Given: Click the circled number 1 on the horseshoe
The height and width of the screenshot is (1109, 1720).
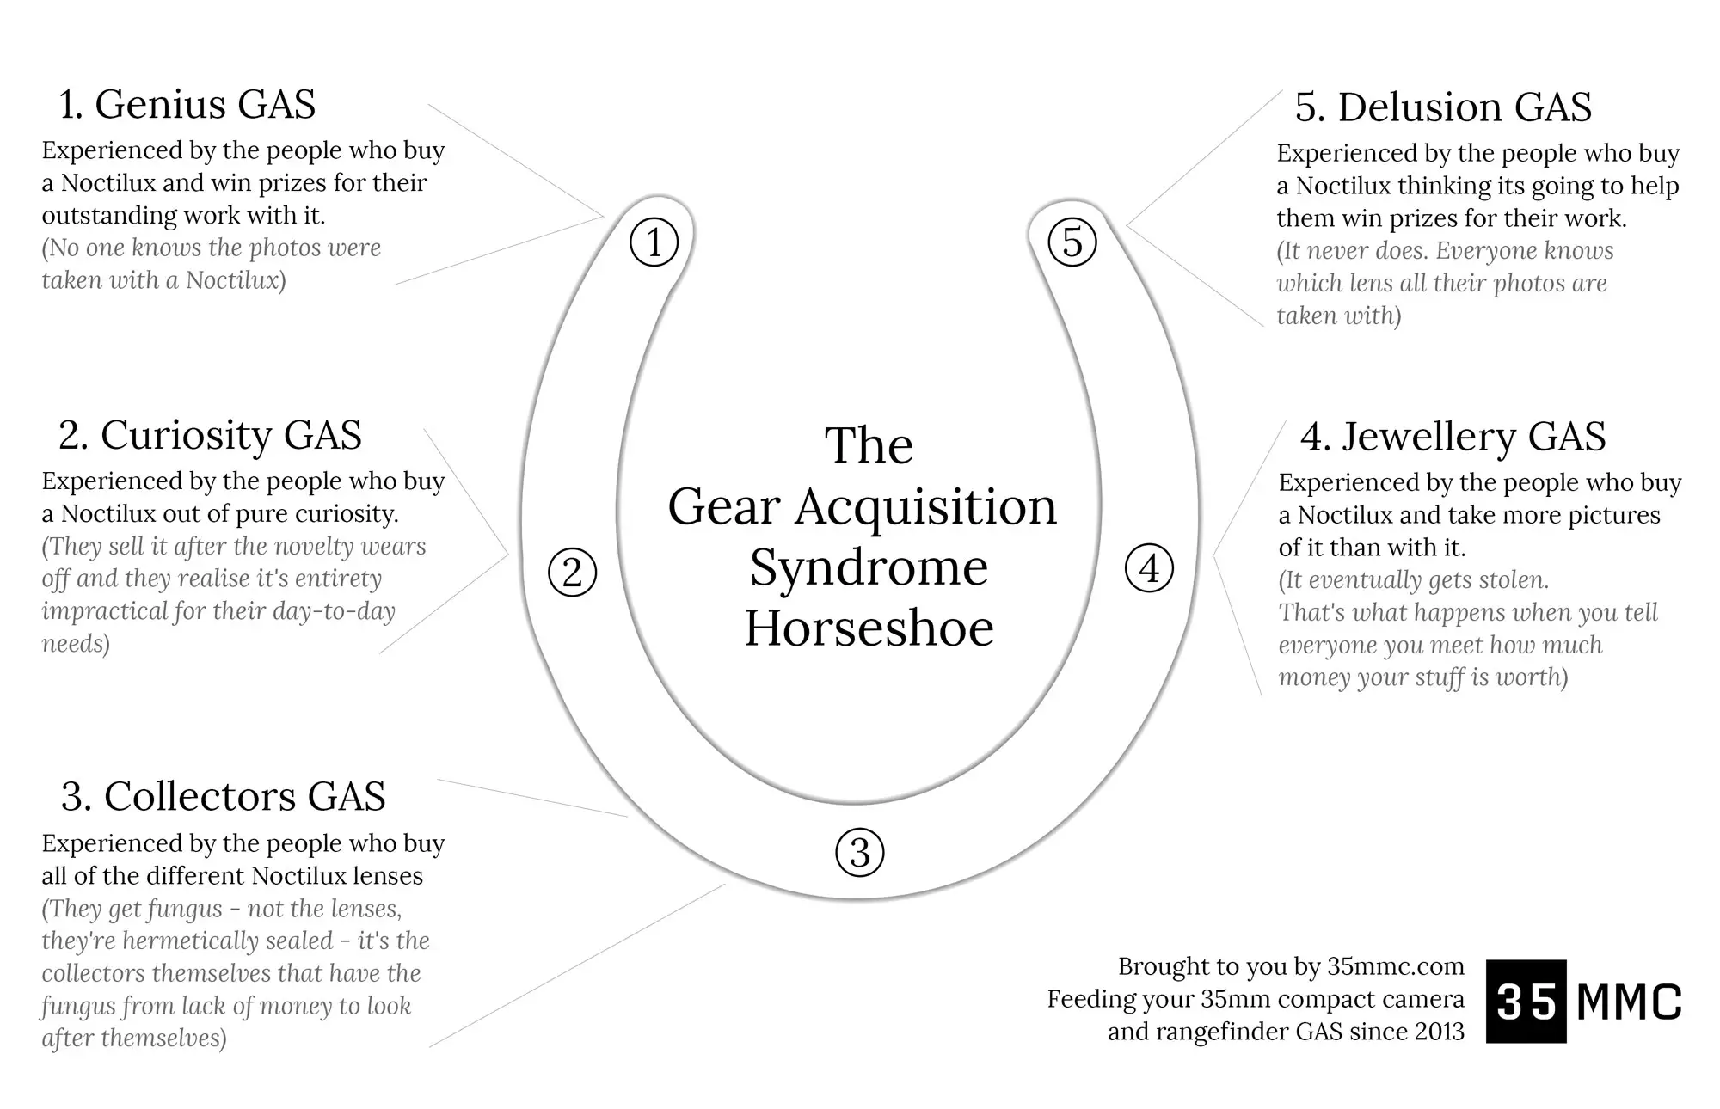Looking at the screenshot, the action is [x=654, y=242].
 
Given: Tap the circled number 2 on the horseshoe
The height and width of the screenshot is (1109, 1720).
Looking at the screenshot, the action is [x=572, y=573].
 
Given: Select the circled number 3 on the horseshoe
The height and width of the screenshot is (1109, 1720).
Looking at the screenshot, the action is [x=859, y=852].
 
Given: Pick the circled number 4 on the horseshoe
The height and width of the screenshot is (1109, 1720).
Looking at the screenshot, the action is [x=1149, y=568].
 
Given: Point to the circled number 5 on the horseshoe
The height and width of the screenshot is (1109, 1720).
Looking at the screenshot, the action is [x=1072, y=242].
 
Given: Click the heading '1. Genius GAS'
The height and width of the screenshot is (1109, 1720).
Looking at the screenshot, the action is [x=187, y=104].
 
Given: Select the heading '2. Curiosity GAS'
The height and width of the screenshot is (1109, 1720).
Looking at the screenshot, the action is [x=210, y=435].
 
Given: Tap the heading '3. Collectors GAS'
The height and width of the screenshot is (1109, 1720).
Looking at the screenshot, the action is [x=223, y=796].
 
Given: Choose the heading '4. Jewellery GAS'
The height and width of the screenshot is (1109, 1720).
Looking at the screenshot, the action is [x=1453, y=437].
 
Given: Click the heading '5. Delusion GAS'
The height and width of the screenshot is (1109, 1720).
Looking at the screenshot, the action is [x=1443, y=107].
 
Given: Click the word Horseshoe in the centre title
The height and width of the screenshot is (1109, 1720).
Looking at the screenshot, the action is [x=869, y=628].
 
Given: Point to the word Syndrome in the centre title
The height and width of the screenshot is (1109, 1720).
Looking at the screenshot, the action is [x=869, y=568].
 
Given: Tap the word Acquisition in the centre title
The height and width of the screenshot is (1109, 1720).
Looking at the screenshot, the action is [x=925, y=507].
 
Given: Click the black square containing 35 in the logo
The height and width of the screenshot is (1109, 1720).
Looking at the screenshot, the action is [x=1526, y=1001].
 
